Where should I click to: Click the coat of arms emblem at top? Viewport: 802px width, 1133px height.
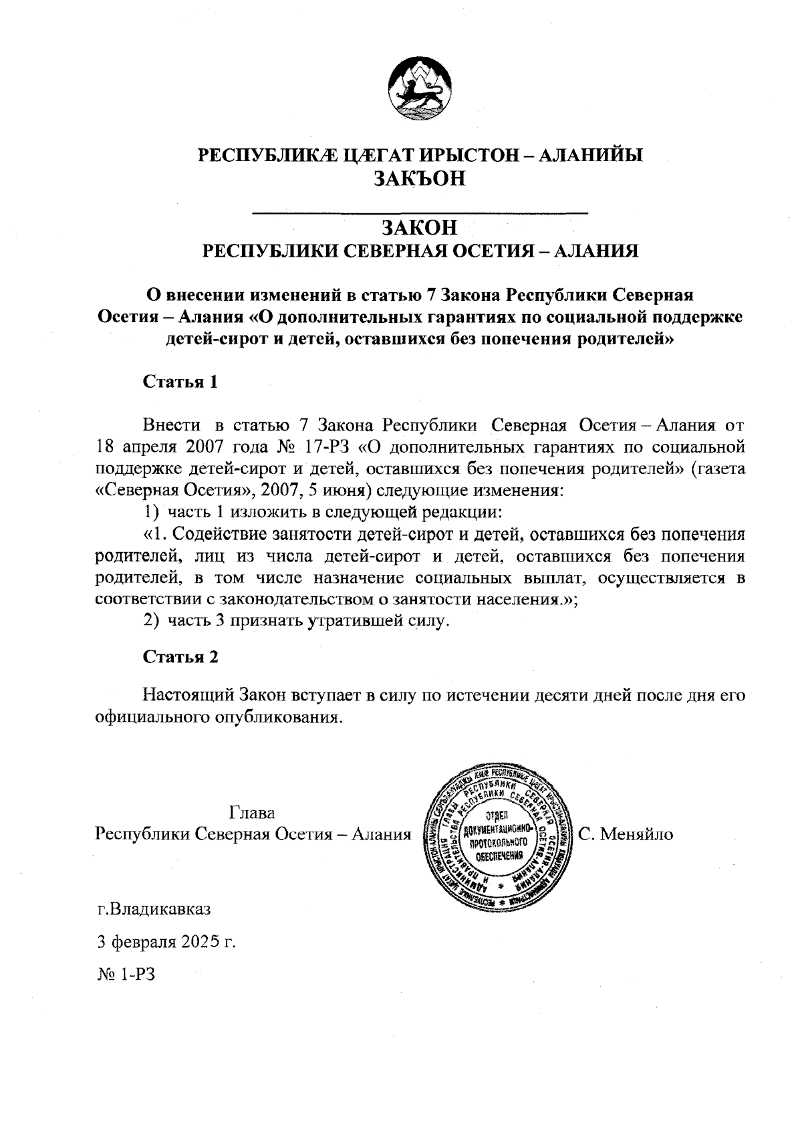(x=420, y=89)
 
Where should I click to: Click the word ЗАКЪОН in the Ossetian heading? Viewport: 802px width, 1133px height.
(x=420, y=179)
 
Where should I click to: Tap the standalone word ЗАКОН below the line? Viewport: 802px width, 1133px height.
(x=420, y=227)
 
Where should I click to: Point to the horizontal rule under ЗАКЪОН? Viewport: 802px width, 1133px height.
(x=420, y=212)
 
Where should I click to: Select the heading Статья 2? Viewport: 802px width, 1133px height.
(x=181, y=656)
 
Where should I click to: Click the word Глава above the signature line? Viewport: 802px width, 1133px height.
(x=252, y=813)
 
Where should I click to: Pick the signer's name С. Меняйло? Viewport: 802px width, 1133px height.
(x=626, y=834)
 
